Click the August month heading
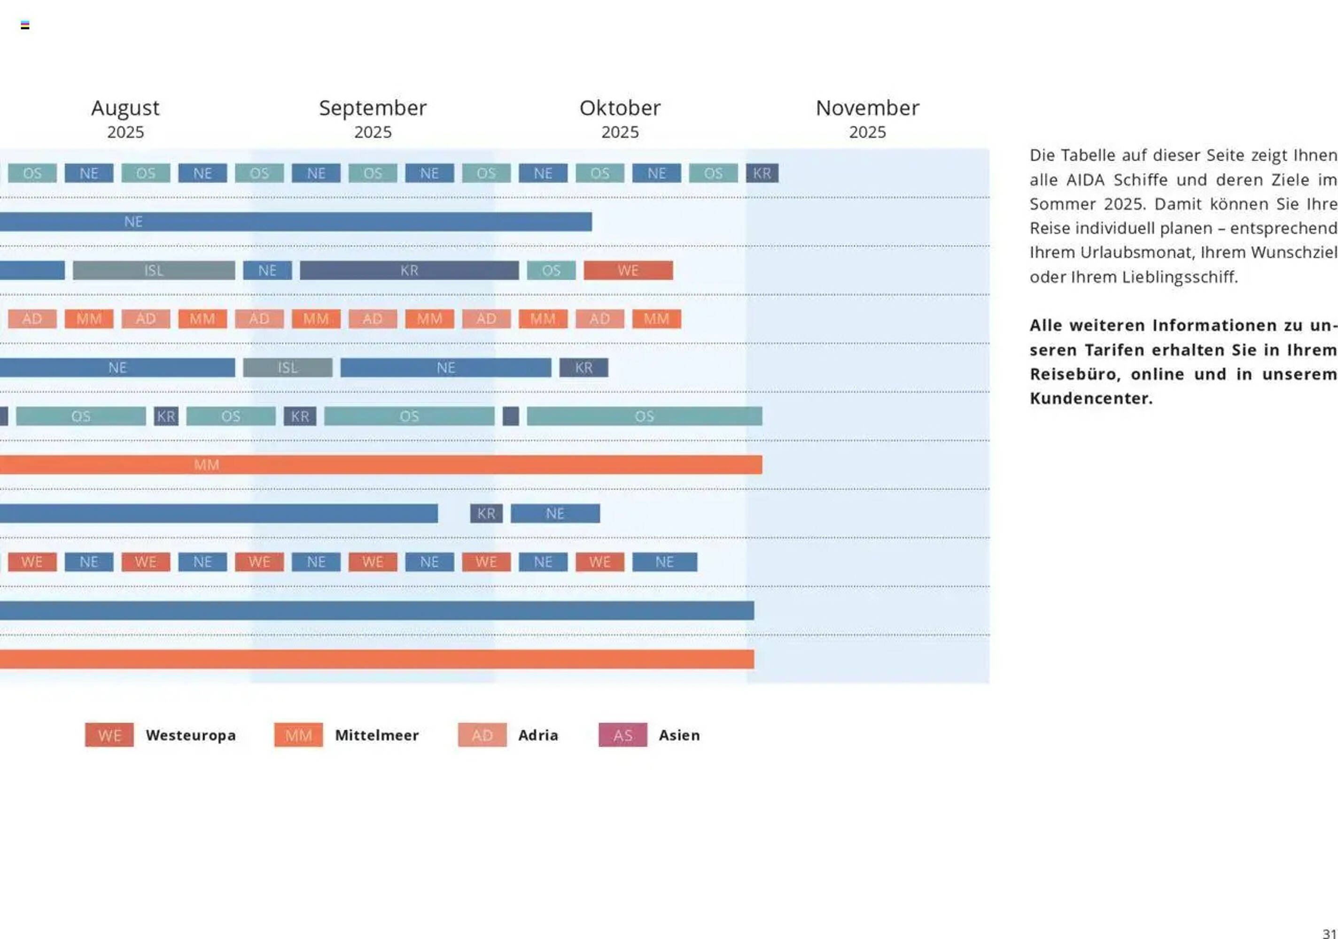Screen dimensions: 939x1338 click(x=125, y=108)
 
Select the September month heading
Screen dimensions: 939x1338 click(x=373, y=108)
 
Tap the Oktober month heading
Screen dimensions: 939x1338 click(x=620, y=108)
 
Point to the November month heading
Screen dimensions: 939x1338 click(x=867, y=108)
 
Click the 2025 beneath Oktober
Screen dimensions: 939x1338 click(x=620, y=132)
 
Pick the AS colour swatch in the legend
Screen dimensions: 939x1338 click(x=622, y=735)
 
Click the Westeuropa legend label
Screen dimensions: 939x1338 click(x=191, y=735)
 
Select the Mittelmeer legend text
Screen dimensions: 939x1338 click(x=376, y=735)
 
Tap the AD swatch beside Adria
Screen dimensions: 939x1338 click(x=482, y=735)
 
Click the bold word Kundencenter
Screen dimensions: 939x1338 click(x=1091, y=399)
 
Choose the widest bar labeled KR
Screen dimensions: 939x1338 click(x=409, y=270)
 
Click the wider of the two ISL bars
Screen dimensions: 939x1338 click(x=154, y=270)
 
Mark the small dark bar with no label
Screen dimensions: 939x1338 click(x=511, y=416)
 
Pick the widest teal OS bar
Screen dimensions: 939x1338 click(x=644, y=416)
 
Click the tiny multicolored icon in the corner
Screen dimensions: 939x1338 click(x=25, y=25)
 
